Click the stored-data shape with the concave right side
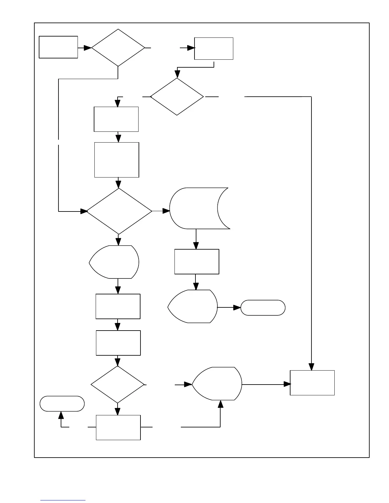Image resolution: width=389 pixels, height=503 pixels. pyautogui.click(x=197, y=208)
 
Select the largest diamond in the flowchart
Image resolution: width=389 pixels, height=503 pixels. pyautogui.click(x=119, y=211)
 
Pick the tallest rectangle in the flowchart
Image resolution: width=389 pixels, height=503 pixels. pyautogui.click(x=117, y=160)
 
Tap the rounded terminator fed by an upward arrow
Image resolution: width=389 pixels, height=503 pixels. pyautogui.click(x=62, y=404)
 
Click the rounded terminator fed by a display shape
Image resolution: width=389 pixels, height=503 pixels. pyautogui.click(x=263, y=308)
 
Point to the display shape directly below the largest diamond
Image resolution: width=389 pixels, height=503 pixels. pyautogui.click(x=114, y=262)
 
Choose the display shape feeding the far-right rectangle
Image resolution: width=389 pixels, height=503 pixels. pyautogui.click(x=217, y=384)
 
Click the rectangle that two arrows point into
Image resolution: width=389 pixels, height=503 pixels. pyautogui.click(x=312, y=383)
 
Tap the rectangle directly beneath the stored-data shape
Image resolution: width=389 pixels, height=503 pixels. pyautogui.click(x=197, y=262)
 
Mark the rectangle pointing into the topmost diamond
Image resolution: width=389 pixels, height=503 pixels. pyautogui.click(x=58, y=47)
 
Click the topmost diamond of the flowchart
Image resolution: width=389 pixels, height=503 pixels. pyautogui.click(x=118, y=48)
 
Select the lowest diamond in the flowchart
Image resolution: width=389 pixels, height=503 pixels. pyautogui.click(x=118, y=385)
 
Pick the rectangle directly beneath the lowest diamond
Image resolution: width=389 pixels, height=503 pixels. pyautogui.click(x=118, y=427)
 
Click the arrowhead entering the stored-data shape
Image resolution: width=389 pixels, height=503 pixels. pyautogui.click(x=166, y=211)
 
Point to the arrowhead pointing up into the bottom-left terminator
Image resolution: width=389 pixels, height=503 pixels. pyautogui.click(x=61, y=415)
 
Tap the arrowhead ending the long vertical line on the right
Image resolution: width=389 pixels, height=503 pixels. pyautogui.click(x=311, y=367)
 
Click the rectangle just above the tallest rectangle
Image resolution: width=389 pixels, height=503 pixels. pyautogui.click(x=116, y=119)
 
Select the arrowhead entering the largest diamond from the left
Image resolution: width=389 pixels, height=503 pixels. pyautogui.click(x=84, y=211)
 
